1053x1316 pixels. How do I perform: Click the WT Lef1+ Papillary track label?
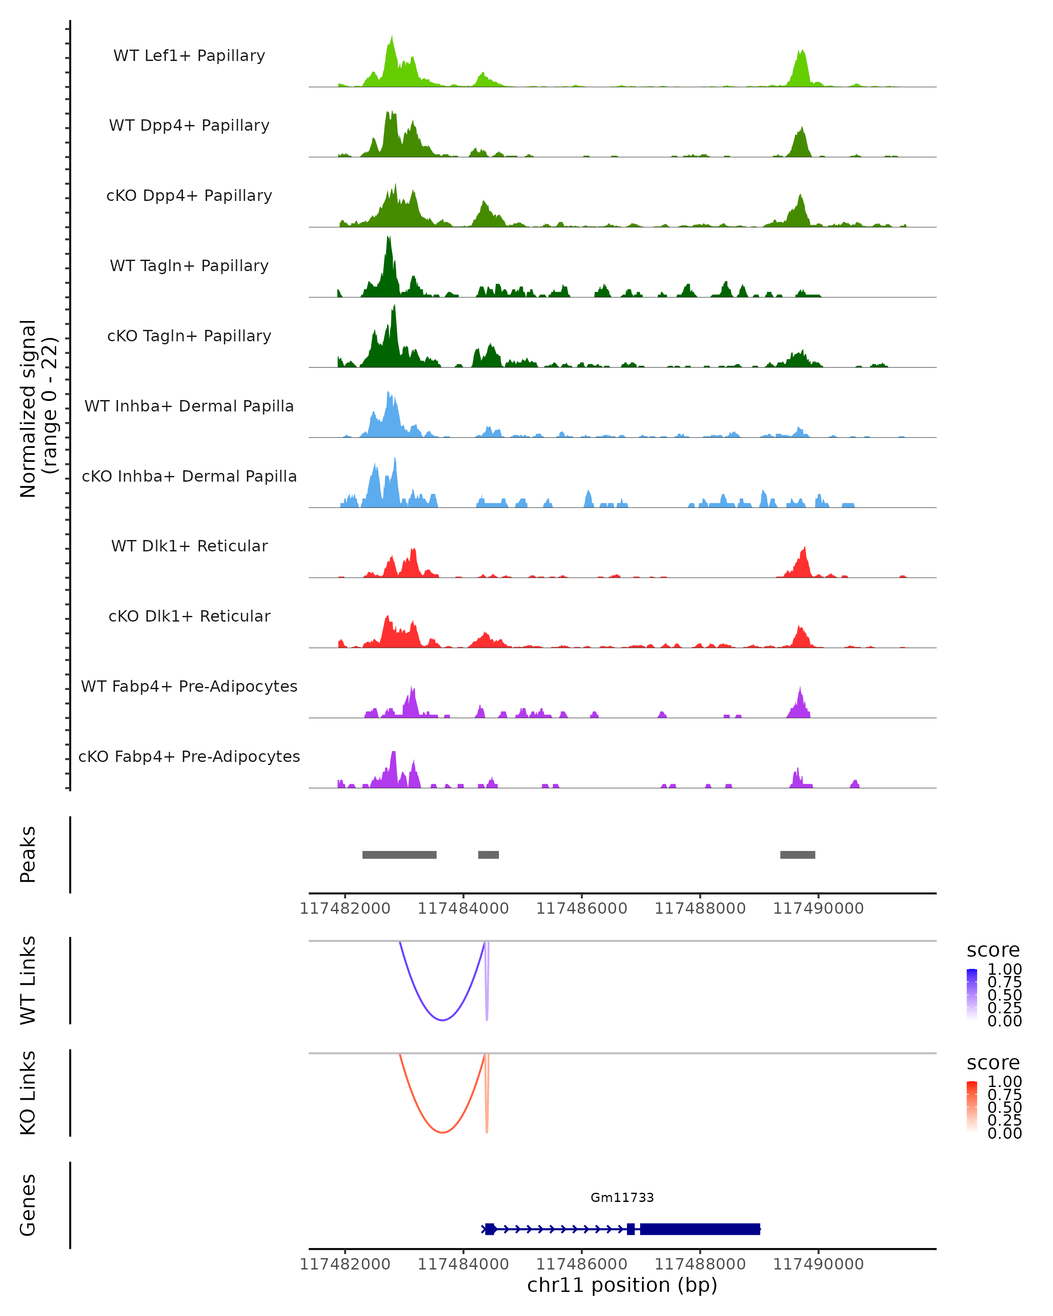coord(189,56)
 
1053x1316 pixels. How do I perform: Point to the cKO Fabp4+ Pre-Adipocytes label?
coord(189,756)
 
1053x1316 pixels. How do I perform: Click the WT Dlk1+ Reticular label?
coord(189,546)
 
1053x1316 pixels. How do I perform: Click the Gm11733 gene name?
coord(622,1198)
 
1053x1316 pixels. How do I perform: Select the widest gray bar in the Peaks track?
coord(399,855)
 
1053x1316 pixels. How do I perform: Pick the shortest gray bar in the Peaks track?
coord(488,855)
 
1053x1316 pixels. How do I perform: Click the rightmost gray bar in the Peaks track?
coord(797,855)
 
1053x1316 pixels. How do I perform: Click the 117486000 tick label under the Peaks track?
coord(581,908)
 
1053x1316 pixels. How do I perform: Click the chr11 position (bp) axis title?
coord(622,1285)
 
